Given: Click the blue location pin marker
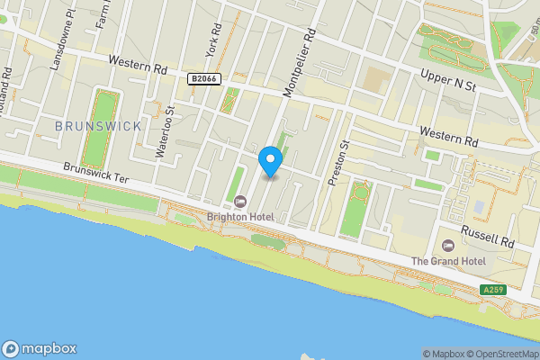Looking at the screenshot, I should (271, 160).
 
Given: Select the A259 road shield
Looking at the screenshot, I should (493, 290).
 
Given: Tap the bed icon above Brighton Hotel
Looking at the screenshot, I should (240, 201).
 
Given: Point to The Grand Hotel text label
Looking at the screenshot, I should (448, 261).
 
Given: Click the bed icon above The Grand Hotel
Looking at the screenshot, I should (448, 245).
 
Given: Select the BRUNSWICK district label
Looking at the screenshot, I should (98, 126).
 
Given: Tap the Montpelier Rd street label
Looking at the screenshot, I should (300, 61).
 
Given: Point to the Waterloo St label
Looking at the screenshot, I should (165, 132).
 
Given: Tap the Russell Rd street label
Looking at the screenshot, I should (487, 237).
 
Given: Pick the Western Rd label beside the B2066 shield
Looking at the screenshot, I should (138, 67).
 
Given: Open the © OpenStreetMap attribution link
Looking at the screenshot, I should (500, 354).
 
